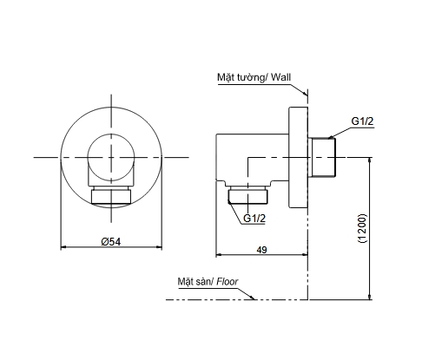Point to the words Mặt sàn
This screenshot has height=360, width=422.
point(194,282)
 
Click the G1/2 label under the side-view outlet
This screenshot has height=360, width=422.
point(254,219)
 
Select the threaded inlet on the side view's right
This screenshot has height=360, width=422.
point(324,157)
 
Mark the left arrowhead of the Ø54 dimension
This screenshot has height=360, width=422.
point(63,249)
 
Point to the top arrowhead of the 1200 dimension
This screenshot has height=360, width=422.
point(372,160)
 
